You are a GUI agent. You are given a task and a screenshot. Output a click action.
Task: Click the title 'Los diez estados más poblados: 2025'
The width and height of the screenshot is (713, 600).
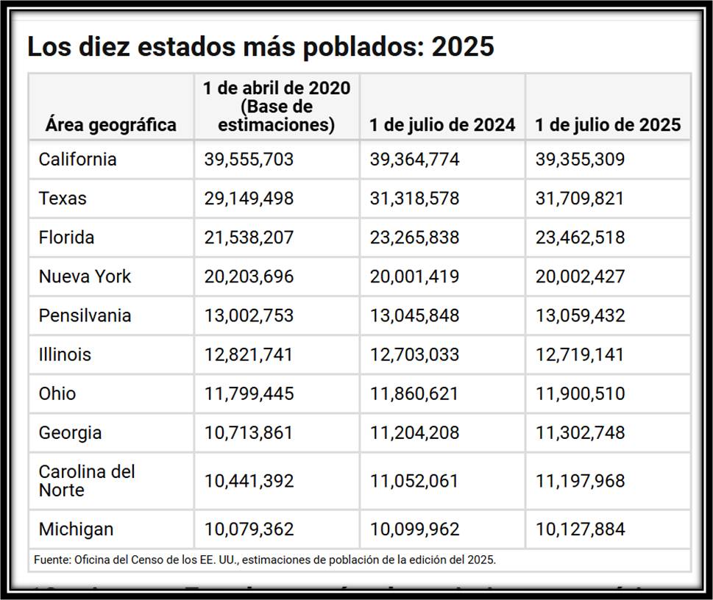pos(260,46)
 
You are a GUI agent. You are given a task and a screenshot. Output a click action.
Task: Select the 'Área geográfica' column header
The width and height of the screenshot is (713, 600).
pos(110,124)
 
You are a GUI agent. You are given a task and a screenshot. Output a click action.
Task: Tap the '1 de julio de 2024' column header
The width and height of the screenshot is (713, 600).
pos(442,124)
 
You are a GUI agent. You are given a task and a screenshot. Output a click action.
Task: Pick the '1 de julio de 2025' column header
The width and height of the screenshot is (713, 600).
pos(608,124)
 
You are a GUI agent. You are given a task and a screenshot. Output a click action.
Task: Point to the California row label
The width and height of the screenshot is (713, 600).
pos(77,159)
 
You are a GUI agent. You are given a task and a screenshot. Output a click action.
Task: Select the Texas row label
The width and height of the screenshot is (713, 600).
pos(63,198)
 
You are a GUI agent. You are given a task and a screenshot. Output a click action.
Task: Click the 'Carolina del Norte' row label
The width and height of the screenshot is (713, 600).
pos(87,480)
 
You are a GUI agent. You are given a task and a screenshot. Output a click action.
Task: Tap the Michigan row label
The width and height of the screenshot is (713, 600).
pos(76,529)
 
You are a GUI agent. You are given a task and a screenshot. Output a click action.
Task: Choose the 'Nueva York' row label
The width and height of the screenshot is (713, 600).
pos(85,276)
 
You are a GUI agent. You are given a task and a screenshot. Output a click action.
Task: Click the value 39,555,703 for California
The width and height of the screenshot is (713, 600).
pos(249,159)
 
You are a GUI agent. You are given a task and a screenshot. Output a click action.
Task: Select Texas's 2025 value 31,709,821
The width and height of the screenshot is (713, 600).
pos(580,198)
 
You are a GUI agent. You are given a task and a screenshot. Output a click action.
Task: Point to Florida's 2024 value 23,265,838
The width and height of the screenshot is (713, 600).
pos(414,238)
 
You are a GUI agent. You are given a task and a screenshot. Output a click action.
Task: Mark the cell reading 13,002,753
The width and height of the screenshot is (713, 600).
pos(249,315)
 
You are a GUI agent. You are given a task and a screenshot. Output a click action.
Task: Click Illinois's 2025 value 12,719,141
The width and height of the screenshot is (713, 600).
pos(580,354)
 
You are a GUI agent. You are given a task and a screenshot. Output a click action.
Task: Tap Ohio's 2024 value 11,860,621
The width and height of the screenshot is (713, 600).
pos(414,393)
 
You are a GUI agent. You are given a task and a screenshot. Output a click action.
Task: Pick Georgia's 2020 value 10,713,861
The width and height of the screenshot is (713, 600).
pos(249,432)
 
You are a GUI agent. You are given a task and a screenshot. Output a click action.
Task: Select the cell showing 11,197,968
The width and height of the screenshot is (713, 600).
pos(580,480)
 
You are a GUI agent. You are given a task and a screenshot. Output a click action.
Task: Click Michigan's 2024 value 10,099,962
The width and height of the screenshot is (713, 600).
pos(414,529)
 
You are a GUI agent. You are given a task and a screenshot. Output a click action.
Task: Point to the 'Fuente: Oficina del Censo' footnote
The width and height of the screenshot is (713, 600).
pos(265,560)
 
